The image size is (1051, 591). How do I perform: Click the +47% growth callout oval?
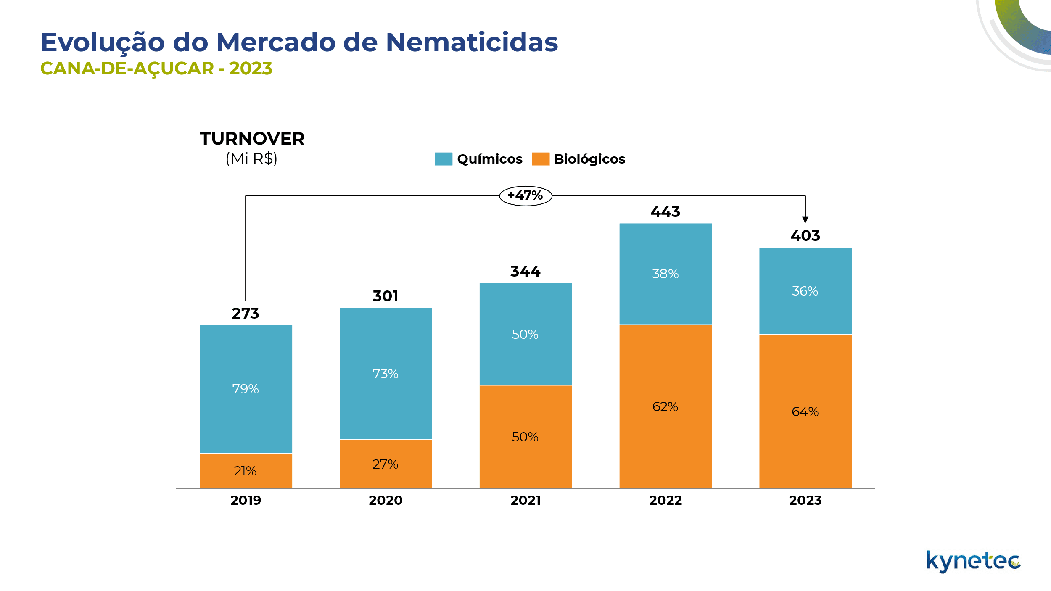pos(525,196)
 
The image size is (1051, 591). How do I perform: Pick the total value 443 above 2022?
pos(665,212)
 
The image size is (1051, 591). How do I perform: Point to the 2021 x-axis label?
pos(525,501)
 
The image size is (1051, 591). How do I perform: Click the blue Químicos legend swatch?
pos(444,159)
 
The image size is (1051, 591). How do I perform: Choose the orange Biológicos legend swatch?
pos(541,159)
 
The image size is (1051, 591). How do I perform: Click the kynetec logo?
pos(973,562)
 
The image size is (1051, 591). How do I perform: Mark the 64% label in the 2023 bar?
pos(805,412)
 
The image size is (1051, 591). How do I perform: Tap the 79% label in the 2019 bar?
pos(246,389)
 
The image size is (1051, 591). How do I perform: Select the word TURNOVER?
pos(252,139)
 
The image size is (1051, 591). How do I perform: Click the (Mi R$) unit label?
pos(251,159)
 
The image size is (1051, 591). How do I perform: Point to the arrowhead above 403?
pos(805,220)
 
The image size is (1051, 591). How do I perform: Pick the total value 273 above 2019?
pos(246,314)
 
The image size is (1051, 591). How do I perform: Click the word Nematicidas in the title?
pos(472,42)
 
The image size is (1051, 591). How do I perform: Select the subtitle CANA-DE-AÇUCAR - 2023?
pos(156,69)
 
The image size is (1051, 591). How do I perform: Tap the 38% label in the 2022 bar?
pos(665,274)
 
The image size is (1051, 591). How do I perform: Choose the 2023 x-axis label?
pos(805,501)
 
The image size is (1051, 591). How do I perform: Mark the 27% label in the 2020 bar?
pos(385,464)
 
